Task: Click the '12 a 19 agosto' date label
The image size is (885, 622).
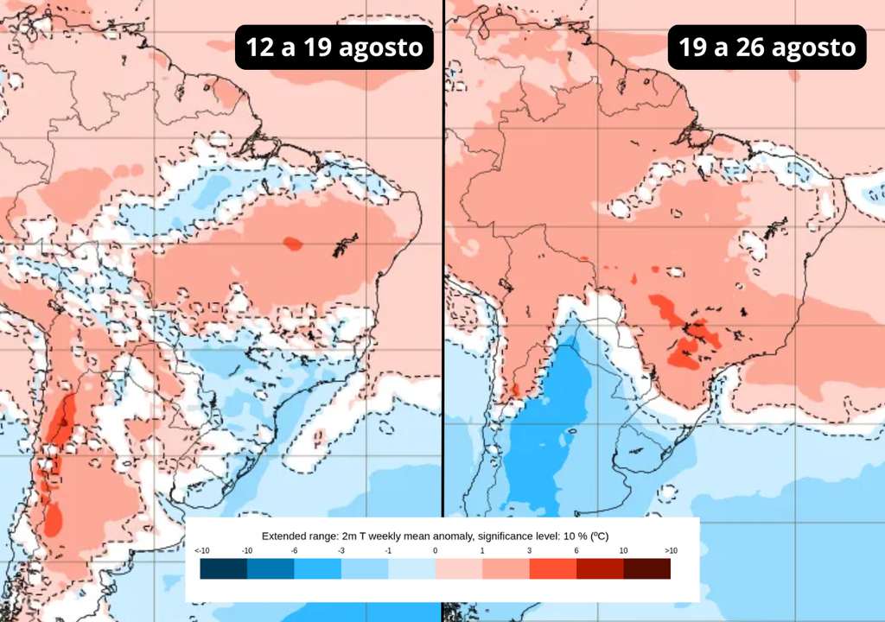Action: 334,48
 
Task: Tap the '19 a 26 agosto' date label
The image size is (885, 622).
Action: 767,48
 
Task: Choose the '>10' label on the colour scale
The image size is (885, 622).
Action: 670,551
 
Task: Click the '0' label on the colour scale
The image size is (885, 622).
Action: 435,551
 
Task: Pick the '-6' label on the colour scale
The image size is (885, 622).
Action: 294,551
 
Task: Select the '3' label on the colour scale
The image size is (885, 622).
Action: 529,551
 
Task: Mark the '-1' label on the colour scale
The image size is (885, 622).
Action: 388,551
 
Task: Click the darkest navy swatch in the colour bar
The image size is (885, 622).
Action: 223,568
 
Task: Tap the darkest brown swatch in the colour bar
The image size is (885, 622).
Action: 646,568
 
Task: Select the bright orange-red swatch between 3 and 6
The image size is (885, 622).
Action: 552,568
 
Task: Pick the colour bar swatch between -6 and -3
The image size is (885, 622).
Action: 317,568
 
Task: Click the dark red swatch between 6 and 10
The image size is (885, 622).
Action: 600,568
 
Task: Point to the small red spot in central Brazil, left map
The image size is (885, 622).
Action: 293,244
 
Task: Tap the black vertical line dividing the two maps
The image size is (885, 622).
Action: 442,259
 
